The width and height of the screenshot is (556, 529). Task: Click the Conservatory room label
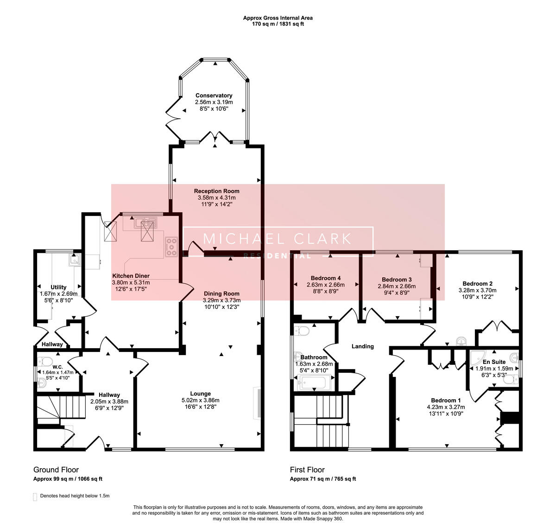(214, 96)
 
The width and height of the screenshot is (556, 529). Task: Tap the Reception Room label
(217, 191)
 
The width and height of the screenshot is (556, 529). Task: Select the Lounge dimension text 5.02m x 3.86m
(201, 400)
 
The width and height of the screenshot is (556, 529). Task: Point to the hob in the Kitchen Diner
(171, 247)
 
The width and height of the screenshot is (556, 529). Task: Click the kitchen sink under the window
(145, 223)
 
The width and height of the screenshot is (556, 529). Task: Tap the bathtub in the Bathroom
(315, 382)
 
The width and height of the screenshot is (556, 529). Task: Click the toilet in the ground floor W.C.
(45, 362)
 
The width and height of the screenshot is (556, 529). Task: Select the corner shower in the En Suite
(477, 357)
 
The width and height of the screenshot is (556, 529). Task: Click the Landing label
(363, 346)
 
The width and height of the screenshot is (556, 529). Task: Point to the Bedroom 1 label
(446, 400)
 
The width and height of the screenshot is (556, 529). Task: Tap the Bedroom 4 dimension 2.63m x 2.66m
(326, 285)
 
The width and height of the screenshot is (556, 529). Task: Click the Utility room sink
(75, 260)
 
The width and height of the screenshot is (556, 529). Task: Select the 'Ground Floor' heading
(56, 470)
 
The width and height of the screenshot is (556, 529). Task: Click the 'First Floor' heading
(307, 470)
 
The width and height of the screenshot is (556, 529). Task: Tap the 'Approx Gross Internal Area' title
(278, 18)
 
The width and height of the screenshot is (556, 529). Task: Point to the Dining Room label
(222, 293)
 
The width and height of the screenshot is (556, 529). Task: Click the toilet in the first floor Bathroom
(302, 331)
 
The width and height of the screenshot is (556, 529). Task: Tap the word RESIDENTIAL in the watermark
(277, 256)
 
